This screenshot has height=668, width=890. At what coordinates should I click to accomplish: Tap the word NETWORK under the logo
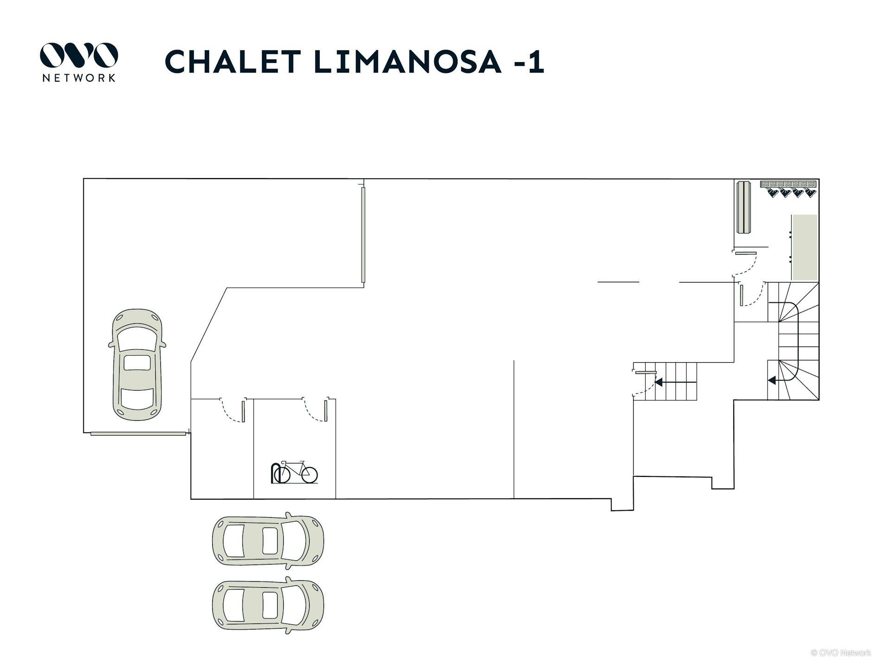pyautogui.click(x=79, y=78)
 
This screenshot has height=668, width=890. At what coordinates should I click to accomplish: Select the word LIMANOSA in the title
pyautogui.click(x=408, y=61)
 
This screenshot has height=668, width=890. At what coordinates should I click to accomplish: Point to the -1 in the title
pyautogui.click(x=528, y=61)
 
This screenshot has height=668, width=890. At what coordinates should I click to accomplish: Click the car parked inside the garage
pyautogui.click(x=137, y=365)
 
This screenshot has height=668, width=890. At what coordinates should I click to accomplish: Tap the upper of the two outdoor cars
pyautogui.click(x=268, y=541)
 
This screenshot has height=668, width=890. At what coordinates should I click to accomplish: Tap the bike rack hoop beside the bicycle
pyautogui.click(x=275, y=472)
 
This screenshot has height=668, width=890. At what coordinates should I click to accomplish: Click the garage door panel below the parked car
pyautogui.click(x=138, y=434)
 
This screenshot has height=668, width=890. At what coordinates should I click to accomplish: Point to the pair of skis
pyautogui.click(x=744, y=207)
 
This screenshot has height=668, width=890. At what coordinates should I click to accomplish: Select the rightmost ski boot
pyautogui.click(x=810, y=193)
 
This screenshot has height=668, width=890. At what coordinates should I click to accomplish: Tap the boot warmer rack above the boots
pyautogui.click(x=788, y=184)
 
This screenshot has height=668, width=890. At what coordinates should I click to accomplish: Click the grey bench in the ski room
pyautogui.click(x=804, y=247)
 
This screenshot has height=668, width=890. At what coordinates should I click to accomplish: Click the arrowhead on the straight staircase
pyautogui.click(x=658, y=382)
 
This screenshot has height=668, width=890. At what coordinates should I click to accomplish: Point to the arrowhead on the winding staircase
pyautogui.click(x=772, y=380)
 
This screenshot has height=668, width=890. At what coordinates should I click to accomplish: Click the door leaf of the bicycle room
pyautogui.click(x=326, y=411)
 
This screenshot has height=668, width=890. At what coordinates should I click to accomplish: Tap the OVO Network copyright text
pyautogui.click(x=840, y=653)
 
